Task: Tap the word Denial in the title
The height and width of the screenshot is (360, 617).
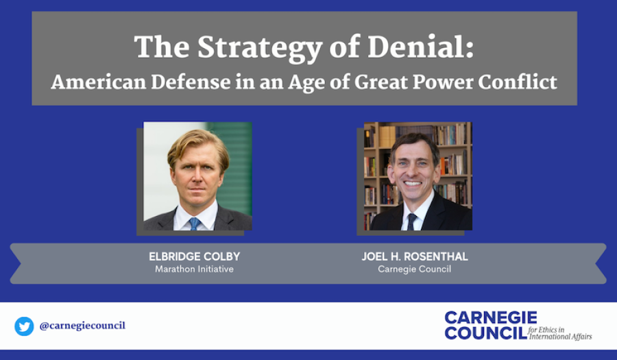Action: (x=420, y=47)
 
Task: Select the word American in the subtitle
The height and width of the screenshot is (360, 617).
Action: (x=98, y=82)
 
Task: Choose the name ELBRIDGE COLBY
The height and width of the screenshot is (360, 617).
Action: (x=195, y=256)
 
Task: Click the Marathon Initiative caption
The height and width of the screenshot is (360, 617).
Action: (x=195, y=269)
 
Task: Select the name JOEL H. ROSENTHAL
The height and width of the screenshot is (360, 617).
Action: (x=415, y=256)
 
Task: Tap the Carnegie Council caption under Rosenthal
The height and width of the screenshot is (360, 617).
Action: (x=414, y=269)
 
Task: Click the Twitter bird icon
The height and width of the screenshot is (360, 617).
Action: (x=25, y=326)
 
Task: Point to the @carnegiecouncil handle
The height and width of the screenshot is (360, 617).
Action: (x=82, y=326)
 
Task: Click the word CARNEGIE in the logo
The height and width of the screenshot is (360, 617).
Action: (x=491, y=317)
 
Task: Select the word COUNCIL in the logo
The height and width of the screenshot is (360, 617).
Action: (x=486, y=333)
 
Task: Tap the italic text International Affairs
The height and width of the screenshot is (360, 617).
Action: (x=560, y=337)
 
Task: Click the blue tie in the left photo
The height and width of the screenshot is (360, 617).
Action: (x=195, y=224)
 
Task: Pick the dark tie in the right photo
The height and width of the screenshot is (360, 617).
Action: (x=411, y=221)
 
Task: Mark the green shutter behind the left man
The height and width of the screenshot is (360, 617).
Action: (x=234, y=169)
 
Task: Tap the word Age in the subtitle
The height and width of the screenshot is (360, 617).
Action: (x=302, y=82)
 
